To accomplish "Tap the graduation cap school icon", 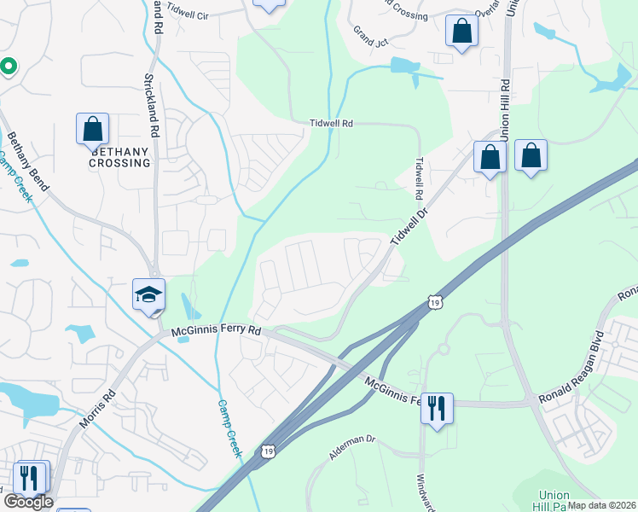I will pyautogui.click(x=148, y=294).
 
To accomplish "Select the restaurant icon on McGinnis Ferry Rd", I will pyautogui.click(x=437, y=408).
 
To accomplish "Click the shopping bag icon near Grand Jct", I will pyautogui.click(x=461, y=32).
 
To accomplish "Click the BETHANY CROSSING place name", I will pyautogui.click(x=119, y=157).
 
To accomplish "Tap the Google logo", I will pyautogui.click(x=28, y=502).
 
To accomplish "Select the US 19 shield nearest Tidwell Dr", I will pyautogui.click(x=435, y=302).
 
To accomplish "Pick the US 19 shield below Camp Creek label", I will pyautogui.click(x=269, y=451).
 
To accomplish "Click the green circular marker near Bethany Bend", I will pyautogui.click(x=7, y=66).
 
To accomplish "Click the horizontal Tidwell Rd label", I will pyautogui.click(x=331, y=124).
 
